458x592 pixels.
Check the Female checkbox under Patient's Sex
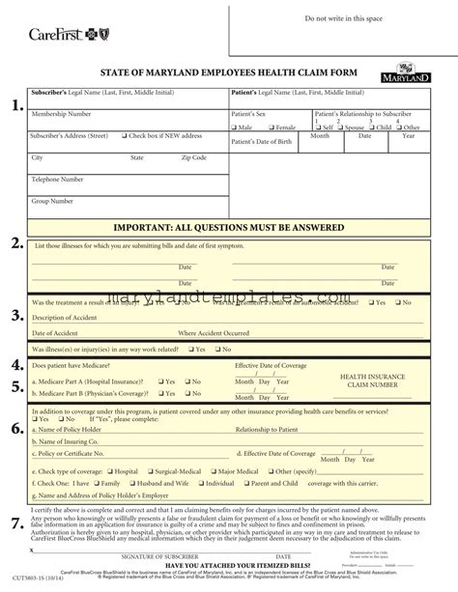point(272,127)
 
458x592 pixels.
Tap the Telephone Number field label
point(60,180)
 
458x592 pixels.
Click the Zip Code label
point(194,156)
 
